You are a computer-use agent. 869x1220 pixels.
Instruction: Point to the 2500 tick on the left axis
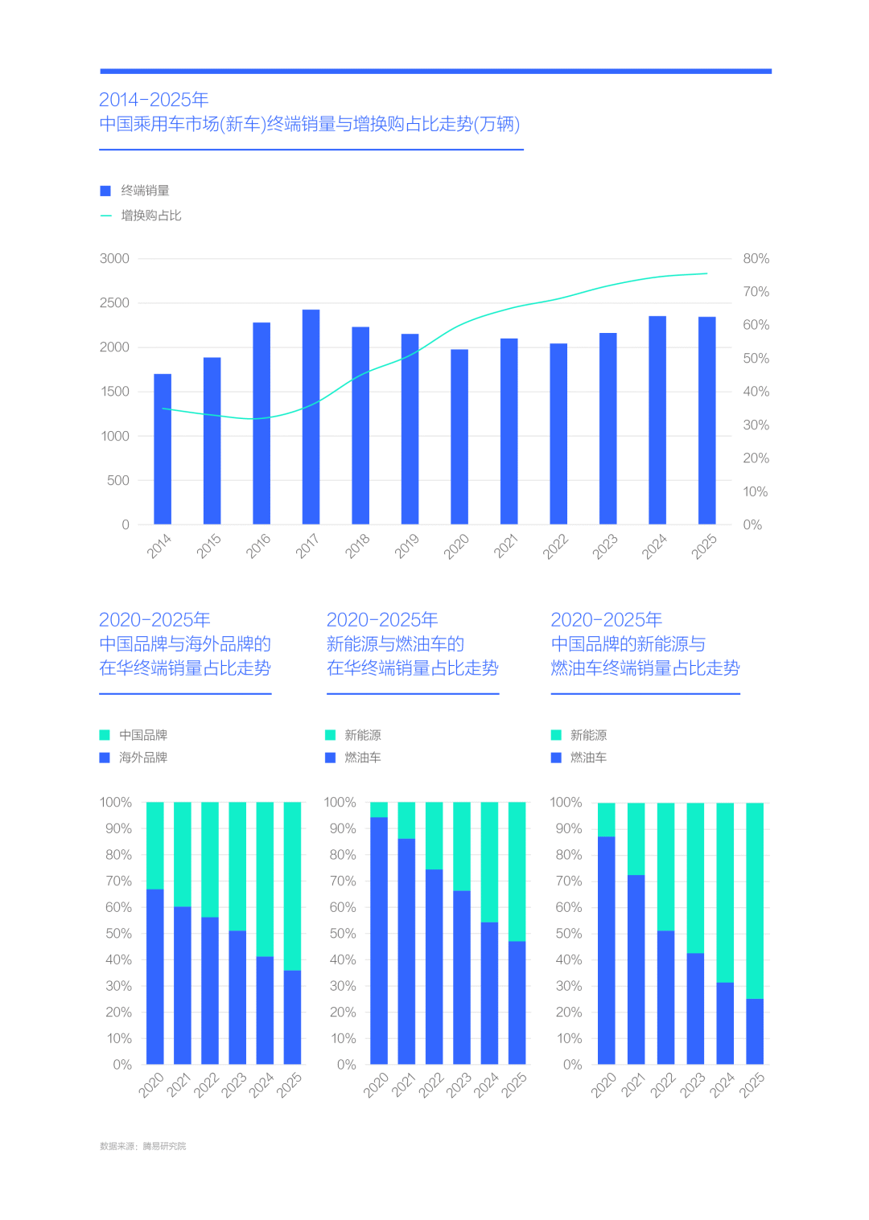click(x=114, y=303)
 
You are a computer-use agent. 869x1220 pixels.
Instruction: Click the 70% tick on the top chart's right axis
click(x=756, y=292)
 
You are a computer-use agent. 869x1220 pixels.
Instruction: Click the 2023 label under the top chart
click(x=605, y=546)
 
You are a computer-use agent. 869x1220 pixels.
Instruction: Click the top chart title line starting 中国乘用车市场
click(x=310, y=124)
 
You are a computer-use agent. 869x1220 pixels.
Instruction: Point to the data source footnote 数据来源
click(x=142, y=1146)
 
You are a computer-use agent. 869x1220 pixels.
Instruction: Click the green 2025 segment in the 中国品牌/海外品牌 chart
click(x=292, y=885)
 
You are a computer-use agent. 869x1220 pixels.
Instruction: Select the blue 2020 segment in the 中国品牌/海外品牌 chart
click(x=154, y=976)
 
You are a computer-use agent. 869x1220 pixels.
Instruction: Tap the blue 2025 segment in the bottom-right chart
click(x=755, y=1031)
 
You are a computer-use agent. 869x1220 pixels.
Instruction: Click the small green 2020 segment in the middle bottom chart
click(x=378, y=809)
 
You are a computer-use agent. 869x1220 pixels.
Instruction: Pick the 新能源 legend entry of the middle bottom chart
click(x=362, y=735)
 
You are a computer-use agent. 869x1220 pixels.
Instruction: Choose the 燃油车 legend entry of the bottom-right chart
click(x=588, y=758)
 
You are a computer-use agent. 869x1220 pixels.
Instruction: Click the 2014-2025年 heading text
click(x=154, y=100)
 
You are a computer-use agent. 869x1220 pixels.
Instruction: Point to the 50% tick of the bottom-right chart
click(x=569, y=934)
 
